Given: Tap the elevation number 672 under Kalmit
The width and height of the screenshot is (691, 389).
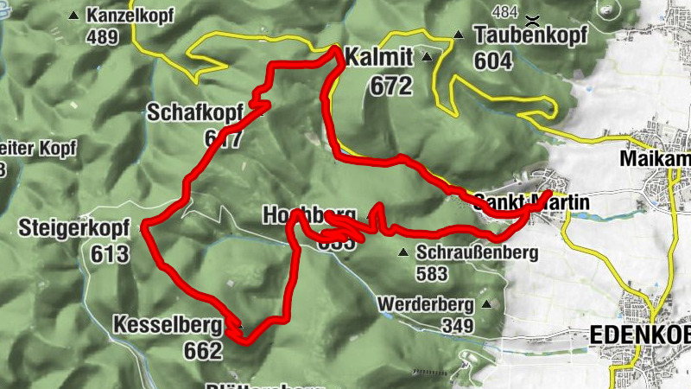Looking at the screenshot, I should (x=391, y=86).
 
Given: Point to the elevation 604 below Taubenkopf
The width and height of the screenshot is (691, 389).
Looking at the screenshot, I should (x=493, y=61).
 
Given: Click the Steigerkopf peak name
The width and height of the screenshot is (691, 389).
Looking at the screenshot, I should (x=73, y=229).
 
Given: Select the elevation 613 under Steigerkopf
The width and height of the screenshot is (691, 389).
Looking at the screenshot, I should (x=109, y=254).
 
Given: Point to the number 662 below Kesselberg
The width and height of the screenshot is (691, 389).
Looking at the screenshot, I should (x=203, y=350).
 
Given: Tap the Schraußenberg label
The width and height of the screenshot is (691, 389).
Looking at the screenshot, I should (x=477, y=253).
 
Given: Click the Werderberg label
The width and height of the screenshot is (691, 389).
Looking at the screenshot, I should (x=425, y=304).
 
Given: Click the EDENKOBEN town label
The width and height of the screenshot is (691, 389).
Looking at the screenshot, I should (x=639, y=335).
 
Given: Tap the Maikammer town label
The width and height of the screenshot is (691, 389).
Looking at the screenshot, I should (x=656, y=160).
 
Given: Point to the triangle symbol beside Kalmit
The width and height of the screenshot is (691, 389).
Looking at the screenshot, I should (x=427, y=58).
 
